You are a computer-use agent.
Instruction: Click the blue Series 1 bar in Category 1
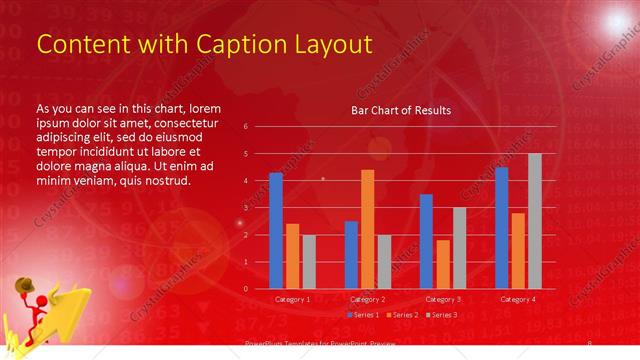point(276,231)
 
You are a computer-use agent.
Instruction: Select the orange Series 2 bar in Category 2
point(367,229)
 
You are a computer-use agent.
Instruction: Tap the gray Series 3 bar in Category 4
point(534,221)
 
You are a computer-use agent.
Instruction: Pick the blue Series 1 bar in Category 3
point(426,241)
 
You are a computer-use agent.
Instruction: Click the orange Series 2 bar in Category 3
point(442,264)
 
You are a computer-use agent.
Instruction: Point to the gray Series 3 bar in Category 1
point(309,262)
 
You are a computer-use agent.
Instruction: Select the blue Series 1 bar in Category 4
point(501,228)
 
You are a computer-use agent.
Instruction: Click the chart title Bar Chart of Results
point(400,110)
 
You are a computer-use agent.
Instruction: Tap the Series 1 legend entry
point(363,315)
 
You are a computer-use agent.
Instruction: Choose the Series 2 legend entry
point(401,315)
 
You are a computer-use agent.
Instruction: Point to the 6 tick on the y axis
point(259,127)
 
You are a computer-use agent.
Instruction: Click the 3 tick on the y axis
point(259,208)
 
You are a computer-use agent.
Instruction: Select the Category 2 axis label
point(367,299)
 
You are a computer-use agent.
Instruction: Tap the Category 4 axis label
point(517,299)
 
